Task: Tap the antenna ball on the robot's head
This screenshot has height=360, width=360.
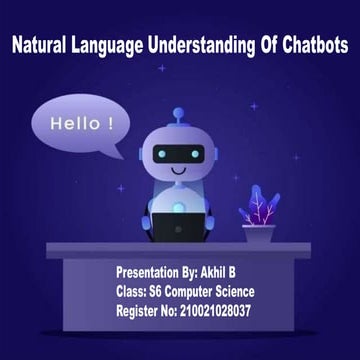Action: [178, 113]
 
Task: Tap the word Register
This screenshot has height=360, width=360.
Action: [137, 312]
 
